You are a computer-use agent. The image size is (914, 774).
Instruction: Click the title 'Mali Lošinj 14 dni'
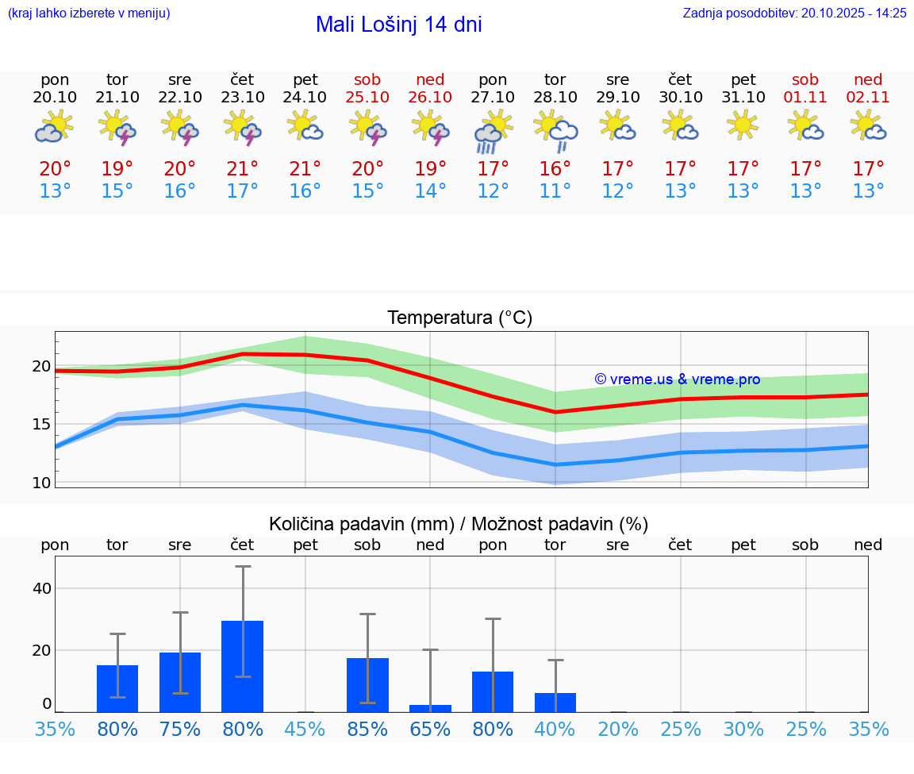398,25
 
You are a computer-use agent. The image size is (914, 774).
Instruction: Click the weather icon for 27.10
493,131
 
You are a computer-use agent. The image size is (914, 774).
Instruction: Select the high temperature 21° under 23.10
243,169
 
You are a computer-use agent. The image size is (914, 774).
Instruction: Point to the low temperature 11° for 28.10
555,191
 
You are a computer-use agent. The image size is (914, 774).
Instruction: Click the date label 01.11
805,98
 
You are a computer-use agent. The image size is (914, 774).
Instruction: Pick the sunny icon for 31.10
743,125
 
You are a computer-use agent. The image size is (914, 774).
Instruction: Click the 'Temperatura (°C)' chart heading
459,318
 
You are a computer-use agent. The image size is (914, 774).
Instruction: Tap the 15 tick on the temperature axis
41,424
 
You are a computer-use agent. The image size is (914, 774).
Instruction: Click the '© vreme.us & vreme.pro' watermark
677,379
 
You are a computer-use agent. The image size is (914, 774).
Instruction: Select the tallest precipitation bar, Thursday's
243,666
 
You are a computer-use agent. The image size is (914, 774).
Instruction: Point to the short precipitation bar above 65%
430,708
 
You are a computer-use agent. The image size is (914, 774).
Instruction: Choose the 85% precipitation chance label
367,729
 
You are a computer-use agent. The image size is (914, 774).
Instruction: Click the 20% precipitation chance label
618,729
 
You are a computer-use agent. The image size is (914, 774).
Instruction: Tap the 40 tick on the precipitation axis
41,588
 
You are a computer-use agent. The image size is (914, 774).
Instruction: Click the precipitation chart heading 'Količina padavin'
459,524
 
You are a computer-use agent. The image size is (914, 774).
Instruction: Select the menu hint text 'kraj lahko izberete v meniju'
89,13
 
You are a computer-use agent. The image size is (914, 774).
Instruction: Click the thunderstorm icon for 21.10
117,127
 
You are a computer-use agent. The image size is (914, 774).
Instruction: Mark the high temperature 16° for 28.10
555,169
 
